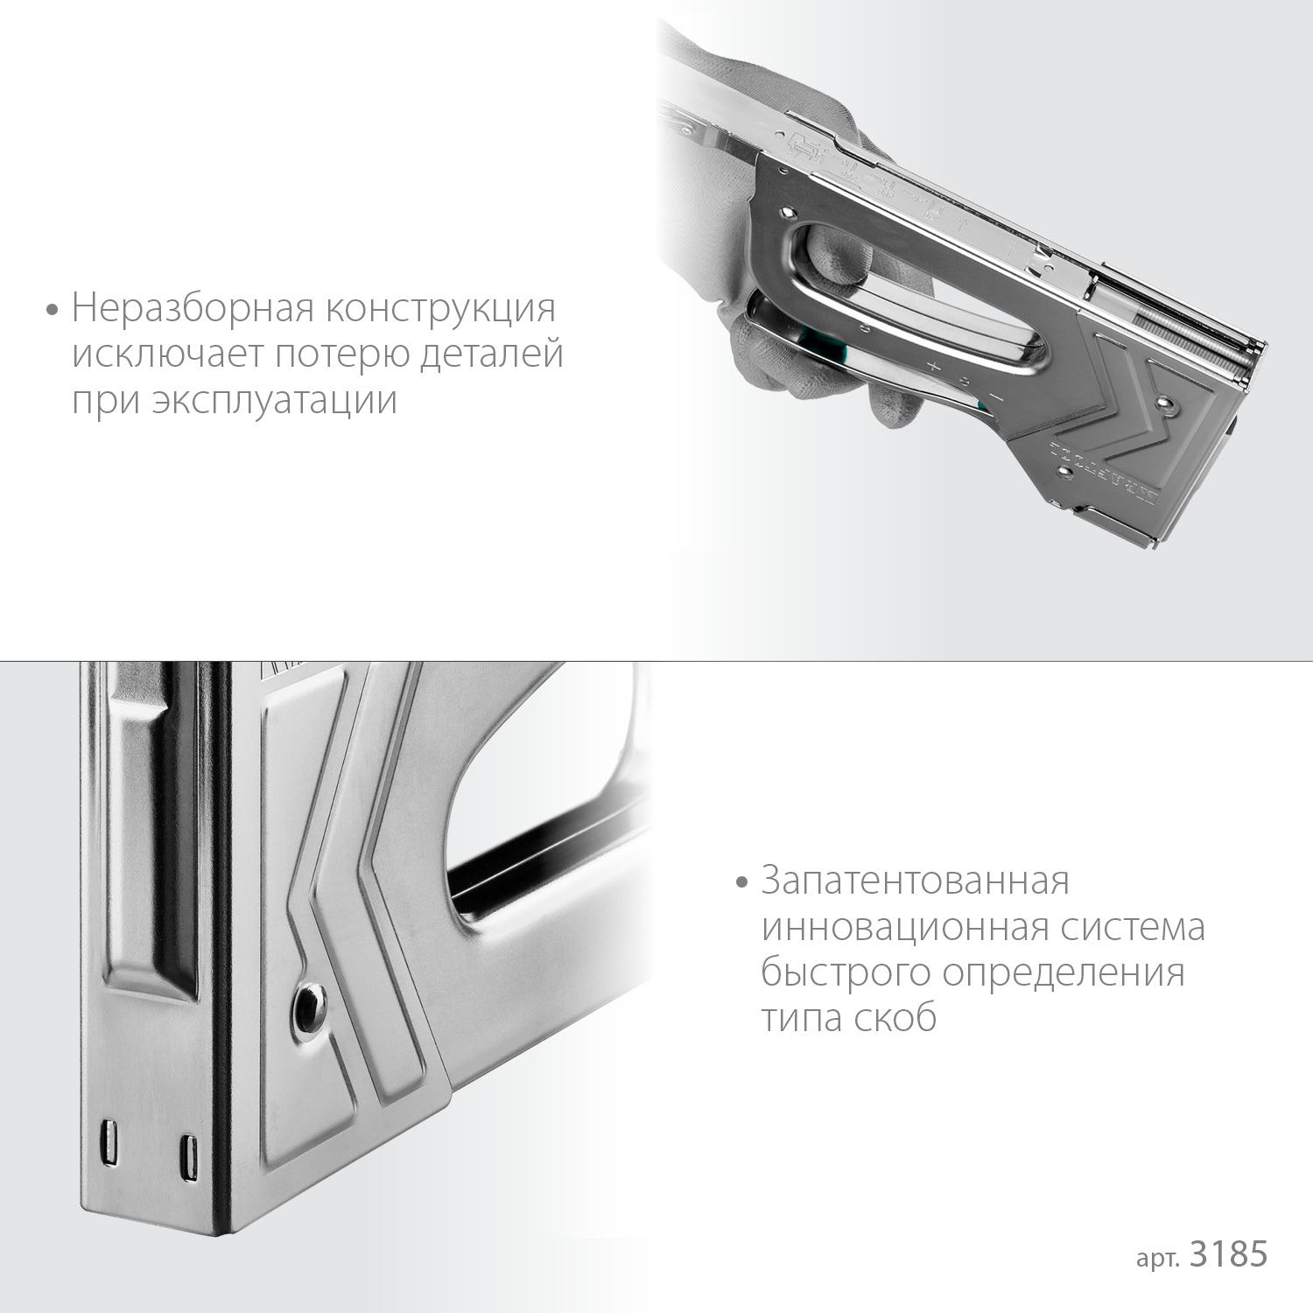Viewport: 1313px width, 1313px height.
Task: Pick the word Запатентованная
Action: pyautogui.click(x=915, y=881)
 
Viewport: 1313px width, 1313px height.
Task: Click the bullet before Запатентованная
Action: pyautogui.click(x=743, y=882)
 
